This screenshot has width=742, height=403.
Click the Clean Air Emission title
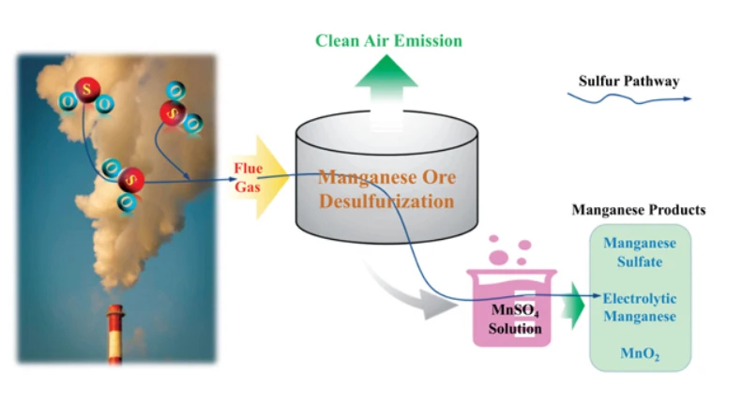pyautogui.click(x=388, y=41)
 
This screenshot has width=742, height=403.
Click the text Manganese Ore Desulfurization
pyautogui.click(x=386, y=187)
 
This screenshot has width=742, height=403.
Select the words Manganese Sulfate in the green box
pyautogui.click(x=639, y=252)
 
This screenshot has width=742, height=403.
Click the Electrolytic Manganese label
pyautogui.click(x=639, y=307)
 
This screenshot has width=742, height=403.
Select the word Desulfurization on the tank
pyautogui.click(x=386, y=201)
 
